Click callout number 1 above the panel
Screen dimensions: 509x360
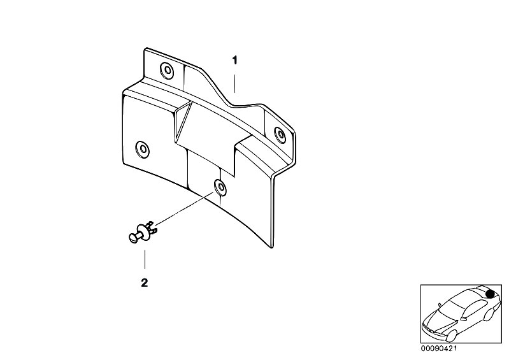click(x=234, y=61)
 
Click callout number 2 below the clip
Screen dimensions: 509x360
click(x=145, y=283)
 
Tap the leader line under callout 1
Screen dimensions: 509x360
click(x=234, y=83)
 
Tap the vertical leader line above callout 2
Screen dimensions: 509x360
click(x=145, y=259)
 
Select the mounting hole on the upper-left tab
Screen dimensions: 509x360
click(x=167, y=69)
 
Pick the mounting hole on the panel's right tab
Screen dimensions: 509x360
click(x=280, y=134)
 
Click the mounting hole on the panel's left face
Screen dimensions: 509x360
click(x=142, y=149)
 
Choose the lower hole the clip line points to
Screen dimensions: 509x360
click(x=220, y=187)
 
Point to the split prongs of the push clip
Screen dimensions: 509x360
click(x=152, y=227)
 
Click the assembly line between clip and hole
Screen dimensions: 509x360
click(x=183, y=208)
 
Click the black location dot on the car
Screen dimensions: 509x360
click(x=491, y=294)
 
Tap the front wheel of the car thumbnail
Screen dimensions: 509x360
click(x=450, y=335)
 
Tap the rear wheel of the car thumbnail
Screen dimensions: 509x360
click(x=489, y=314)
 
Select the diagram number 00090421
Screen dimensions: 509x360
click(x=438, y=349)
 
